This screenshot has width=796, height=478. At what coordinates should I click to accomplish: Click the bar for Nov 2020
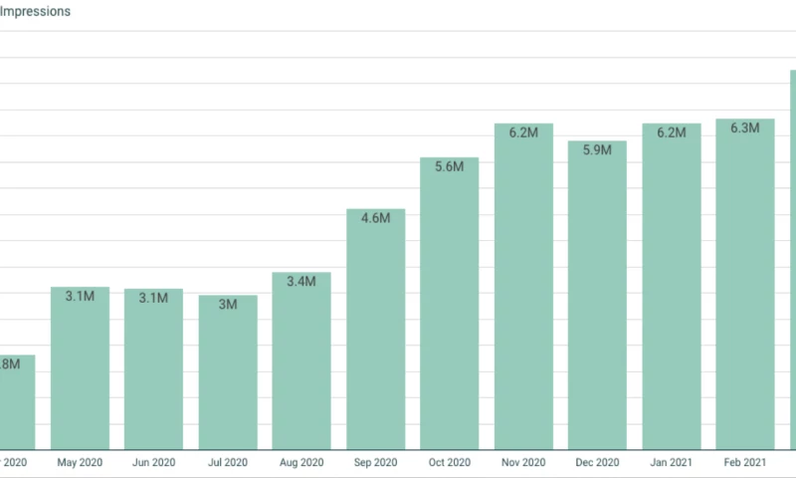pos(523,289)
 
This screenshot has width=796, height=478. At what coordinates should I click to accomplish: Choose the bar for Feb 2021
pos(745,289)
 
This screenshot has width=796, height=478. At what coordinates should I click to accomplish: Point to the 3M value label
pos(228,305)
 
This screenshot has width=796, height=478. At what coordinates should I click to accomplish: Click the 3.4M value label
pos(301,282)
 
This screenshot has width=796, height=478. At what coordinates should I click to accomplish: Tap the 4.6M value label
pos(375,219)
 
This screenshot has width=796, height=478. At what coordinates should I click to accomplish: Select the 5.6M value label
pos(450,167)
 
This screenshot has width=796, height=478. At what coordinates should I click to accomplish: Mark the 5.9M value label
pos(597,150)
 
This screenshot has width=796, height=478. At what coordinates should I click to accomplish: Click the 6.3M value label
pos(745,128)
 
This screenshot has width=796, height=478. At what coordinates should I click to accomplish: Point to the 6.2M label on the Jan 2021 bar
pos(672,133)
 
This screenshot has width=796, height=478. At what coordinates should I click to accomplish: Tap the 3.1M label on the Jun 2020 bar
pos(153,298)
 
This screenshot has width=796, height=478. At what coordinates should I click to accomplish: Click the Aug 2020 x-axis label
pos(301,463)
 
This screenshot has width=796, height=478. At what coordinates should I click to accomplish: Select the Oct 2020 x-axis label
pos(450,463)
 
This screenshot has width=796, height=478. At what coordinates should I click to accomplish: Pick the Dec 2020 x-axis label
pos(597,463)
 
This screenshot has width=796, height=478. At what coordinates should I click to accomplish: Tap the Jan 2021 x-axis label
pos(672,463)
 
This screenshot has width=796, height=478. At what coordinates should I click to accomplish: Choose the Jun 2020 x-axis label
pos(153,463)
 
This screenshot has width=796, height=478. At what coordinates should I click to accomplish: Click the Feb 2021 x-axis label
pos(745,463)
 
